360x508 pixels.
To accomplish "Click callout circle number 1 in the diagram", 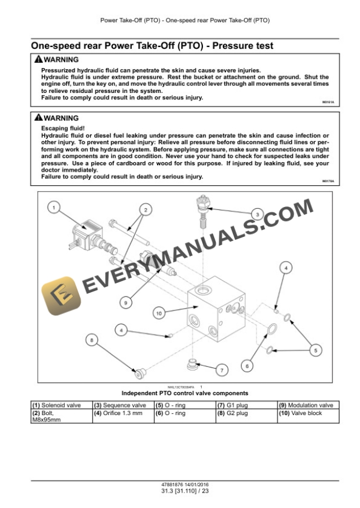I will click(54, 207).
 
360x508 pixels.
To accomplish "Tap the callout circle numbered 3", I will click(257, 214).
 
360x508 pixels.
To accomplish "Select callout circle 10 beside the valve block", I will click(158, 313).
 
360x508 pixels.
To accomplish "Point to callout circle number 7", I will click(221, 370).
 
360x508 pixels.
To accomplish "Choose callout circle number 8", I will click(91, 339).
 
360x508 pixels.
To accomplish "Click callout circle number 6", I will click(247, 365).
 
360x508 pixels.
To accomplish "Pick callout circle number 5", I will click(315, 350).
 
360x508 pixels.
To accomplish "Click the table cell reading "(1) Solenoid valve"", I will click(61, 405).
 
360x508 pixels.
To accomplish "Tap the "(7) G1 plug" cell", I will click(246, 405).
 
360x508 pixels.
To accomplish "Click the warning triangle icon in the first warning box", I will click(38, 60).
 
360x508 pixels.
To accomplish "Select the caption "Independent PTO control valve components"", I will click(185, 393).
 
